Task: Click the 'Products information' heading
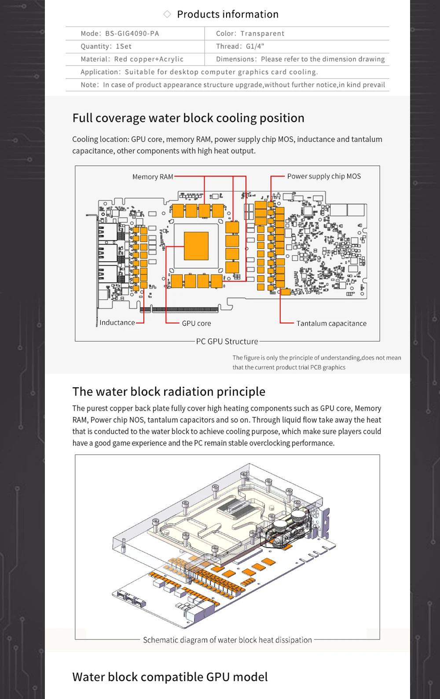[x=227, y=14]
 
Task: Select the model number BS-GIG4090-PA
[x=132, y=33]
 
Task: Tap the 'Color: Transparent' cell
[x=250, y=33]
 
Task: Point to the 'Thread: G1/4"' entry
[x=240, y=46]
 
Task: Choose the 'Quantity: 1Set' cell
[x=106, y=46]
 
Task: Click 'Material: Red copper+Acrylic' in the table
[x=132, y=59]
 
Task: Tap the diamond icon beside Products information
[x=167, y=14]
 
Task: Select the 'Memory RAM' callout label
[x=153, y=177]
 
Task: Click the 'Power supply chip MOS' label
[x=324, y=176]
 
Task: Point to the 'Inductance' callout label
[x=117, y=323]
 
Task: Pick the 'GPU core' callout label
[x=196, y=323]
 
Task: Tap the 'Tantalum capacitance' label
[x=331, y=323]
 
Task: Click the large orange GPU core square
[x=196, y=245]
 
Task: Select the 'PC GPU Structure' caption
[x=227, y=342]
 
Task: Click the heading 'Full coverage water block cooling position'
[x=188, y=118]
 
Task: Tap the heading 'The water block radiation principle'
[x=169, y=392]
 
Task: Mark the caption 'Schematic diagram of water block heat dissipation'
[x=227, y=640]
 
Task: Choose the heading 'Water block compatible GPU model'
[x=170, y=677]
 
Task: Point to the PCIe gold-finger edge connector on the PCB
[x=185, y=309]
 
